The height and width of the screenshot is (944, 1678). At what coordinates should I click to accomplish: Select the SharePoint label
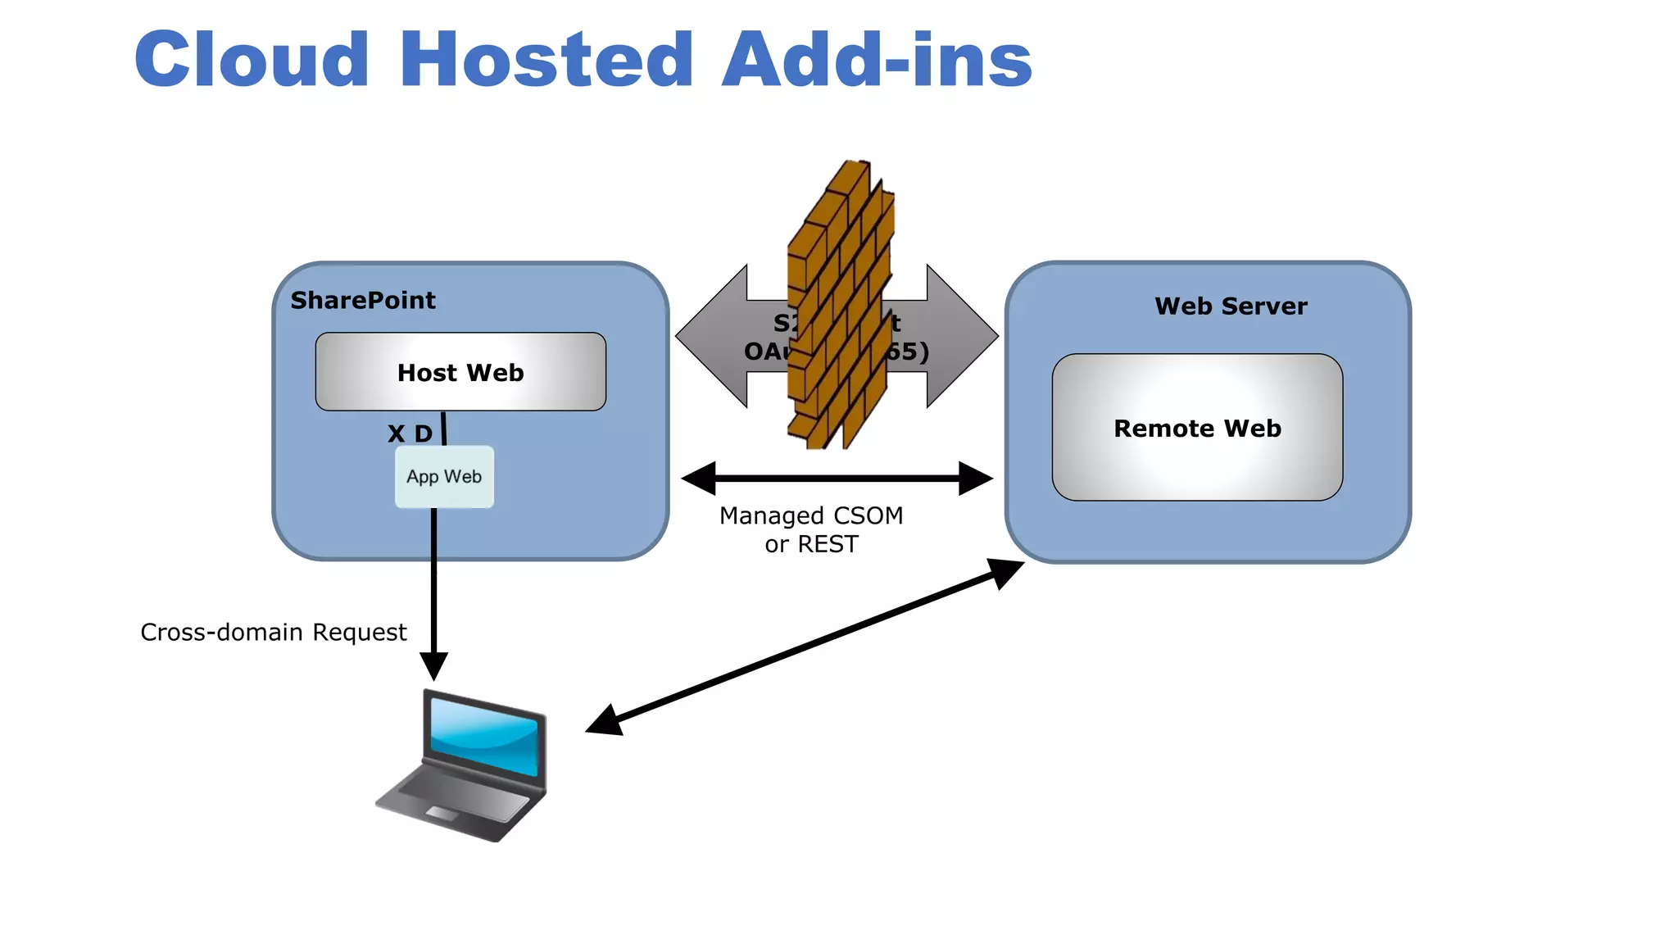point(363,301)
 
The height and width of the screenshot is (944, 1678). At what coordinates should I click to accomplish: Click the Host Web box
point(460,373)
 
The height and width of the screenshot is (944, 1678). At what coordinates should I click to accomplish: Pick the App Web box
point(444,477)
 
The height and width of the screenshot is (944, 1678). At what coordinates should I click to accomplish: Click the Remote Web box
point(1197,428)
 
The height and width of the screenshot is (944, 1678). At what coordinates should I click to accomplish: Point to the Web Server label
point(1231,306)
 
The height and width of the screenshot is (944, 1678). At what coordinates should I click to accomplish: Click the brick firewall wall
point(840,303)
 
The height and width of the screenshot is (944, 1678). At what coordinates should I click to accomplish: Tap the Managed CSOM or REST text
point(811,529)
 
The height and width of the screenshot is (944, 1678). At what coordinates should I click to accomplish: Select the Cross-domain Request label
point(273,633)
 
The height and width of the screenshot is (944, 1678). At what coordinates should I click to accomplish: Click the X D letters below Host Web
point(410,433)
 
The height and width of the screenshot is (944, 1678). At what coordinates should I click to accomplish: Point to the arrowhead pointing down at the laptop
point(433,666)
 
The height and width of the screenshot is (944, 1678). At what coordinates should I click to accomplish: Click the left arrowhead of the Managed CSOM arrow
point(698,479)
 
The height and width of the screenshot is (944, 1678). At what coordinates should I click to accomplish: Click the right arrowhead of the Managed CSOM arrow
point(976,479)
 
